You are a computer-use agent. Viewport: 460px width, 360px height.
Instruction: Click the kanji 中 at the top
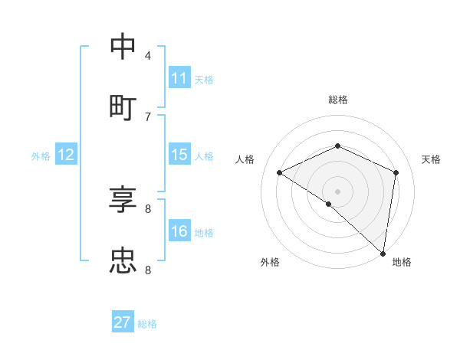pyautogui.click(x=123, y=47)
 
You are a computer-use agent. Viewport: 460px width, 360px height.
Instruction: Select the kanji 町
pyautogui.click(x=123, y=106)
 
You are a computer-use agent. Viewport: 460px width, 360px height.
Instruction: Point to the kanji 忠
pyautogui.click(x=123, y=260)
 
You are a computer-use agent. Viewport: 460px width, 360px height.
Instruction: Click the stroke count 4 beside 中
pyautogui.click(x=147, y=55)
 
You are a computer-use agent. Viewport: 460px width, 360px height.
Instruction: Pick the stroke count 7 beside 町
pyautogui.click(x=147, y=116)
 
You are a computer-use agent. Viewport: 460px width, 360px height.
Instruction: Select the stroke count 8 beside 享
pyautogui.click(x=147, y=208)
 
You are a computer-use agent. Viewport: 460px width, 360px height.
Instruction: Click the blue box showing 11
pyautogui.click(x=179, y=78)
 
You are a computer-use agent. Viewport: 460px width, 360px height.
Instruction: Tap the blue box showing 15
pyautogui.click(x=179, y=155)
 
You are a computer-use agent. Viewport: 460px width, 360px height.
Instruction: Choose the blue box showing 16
pyautogui.click(x=179, y=232)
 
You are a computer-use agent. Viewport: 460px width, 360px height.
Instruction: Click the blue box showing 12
pyautogui.click(x=66, y=155)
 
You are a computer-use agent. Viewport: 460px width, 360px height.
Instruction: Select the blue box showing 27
pyautogui.click(x=123, y=322)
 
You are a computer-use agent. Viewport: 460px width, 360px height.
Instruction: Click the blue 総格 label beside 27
pyautogui.click(x=147, y=324)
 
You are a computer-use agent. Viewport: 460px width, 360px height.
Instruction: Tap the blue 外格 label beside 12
pyautogui.click(x=41, y=156)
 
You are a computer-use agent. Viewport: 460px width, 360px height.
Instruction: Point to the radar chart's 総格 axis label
pyautogui.click(x=337, y=100)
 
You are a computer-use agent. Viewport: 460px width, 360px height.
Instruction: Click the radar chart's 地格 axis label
pyautogui.click(x=402, y=262)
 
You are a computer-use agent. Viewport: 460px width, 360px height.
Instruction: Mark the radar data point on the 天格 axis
pyautogui.click(x=396, y=172)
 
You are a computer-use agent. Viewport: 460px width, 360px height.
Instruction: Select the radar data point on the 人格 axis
pyautogui.click(x=280, y=172)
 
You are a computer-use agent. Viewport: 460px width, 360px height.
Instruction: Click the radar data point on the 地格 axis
pyautogui.click(x=383, y=253)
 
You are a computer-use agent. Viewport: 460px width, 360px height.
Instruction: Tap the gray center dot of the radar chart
pyautogui.click(x=337, y=191)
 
